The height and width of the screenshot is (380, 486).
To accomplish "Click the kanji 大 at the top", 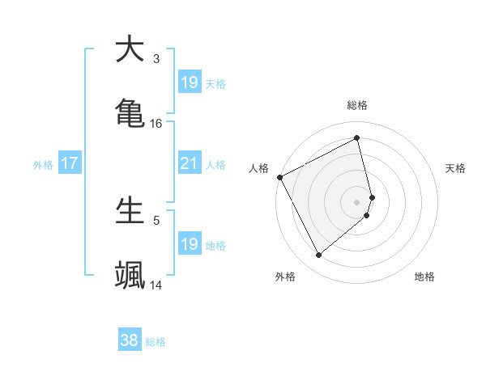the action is pyautogui.click(x=130, y=49).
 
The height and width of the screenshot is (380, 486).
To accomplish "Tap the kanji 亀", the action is pyautogui.click(x=130, y=112).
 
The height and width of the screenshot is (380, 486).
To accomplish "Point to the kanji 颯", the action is pyautogui.click(x=130, y=274).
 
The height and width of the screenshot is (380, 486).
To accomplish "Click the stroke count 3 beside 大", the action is pyautogui.click(x=156, y=59).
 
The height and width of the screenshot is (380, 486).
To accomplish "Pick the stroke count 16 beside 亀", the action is pyautogui.click(x=156, y=123).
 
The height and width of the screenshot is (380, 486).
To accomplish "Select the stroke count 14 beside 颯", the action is pyautogui.click(x=156, y=285).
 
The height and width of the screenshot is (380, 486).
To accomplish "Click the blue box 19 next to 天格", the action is pyautogui.click(x=190, y=82).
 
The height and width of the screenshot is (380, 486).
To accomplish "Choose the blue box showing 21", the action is pyautogui.click(x=190, y=163).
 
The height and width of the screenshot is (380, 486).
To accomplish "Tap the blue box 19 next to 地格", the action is pyautogui.click(x=190, y=244).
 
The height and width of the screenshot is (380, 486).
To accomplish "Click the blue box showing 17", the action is pyautogui.click(x=70, y=163).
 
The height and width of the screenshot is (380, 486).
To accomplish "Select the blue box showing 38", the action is pyautogui.click(x=130, y=341).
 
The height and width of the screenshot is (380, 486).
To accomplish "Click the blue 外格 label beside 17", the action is pyautogui.click(x=43, y=164).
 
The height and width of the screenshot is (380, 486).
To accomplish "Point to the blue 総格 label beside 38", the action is pyautogui.click(x=156, y=342).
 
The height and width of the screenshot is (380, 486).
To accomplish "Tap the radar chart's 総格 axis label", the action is pyautogui.click(x=357, y=105).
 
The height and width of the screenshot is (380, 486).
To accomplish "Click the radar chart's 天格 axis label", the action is pyautogui.click(x=456, y=168).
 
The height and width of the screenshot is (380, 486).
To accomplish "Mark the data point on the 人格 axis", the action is pyautogui.click(x=279, y=177).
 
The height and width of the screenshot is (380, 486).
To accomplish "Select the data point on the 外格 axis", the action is pyautogui.click(x=318, y=255).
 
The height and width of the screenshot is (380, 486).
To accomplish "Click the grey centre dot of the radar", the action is pyautogui.click(x=357, y=201).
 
